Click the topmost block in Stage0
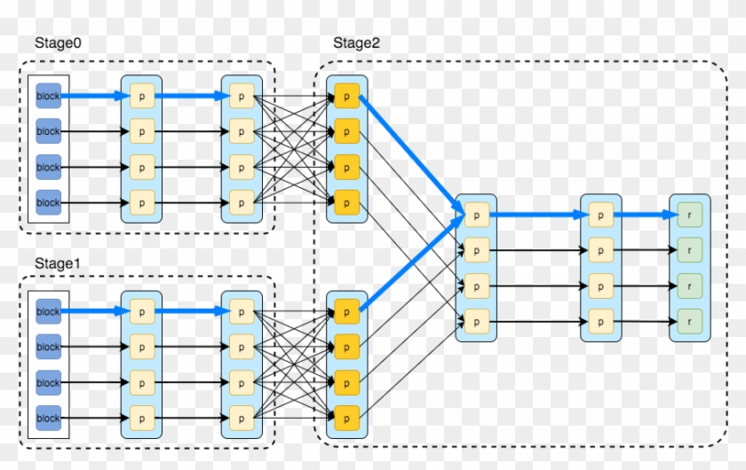point(48,96)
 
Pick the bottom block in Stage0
point(48,202)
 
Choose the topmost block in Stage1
point(48,311)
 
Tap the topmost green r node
point(689,214)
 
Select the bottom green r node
point(689,319)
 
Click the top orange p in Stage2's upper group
point(346,96)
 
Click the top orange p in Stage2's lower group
point(346,311)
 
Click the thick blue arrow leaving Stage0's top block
point(93,96)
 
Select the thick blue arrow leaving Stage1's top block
point(93,311)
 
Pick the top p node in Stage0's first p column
point(142,96)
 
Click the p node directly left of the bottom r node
point(600,319)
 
